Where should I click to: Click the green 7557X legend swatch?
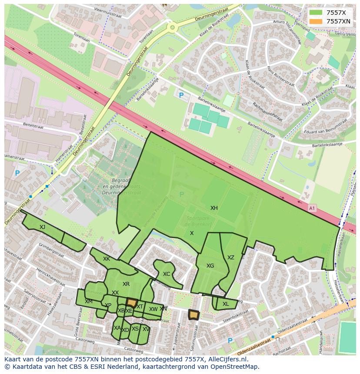tap(316, 13)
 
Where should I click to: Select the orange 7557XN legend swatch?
tap(316, 21)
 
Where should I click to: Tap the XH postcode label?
tap(214, 208)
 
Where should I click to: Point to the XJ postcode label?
tap(42, 227)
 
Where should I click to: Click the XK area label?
tap(107, 259)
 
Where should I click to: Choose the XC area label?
tap(167, 274)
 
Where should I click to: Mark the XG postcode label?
tap(210, 266)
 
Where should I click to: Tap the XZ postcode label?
tap(231, 258)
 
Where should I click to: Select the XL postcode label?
tap(226, 304)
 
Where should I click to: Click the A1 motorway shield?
tap(311, 209)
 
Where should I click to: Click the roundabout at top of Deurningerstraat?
tap(173, 28)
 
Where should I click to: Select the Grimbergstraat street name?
tap(51, 251)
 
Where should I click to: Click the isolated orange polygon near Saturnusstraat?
tap(193, 314)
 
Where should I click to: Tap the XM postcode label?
tap(89, 301)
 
